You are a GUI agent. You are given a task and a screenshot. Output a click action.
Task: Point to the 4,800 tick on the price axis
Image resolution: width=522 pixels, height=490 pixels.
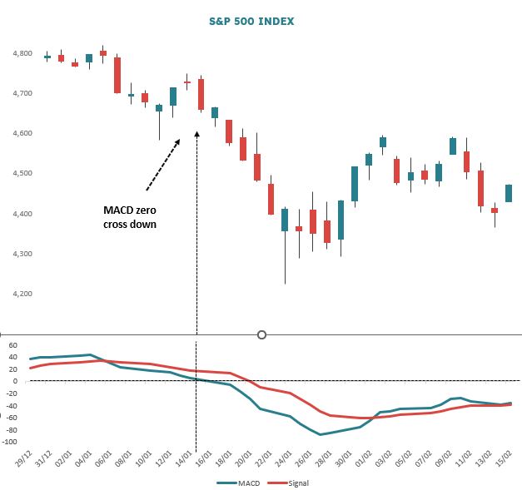(20, 53)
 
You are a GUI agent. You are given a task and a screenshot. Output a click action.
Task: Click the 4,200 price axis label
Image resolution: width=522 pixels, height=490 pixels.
(20, 294)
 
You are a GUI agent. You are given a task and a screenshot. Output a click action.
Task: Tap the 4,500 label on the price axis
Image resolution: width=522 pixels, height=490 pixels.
(20, 174)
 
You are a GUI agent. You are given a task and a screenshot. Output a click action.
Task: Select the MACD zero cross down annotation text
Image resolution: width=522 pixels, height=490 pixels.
(130, 218)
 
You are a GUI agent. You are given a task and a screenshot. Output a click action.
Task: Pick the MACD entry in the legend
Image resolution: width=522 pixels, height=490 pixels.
(241, 482)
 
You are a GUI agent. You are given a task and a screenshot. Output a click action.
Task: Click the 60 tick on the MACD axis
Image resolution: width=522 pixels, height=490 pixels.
(13, 344)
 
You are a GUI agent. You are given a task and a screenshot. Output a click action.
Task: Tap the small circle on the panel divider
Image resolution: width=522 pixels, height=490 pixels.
(262, 334)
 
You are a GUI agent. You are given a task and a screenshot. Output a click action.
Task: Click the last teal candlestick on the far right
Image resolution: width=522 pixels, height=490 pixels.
(509, 193)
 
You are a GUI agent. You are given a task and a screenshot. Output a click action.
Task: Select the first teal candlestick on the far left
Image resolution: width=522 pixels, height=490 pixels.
(47, 57)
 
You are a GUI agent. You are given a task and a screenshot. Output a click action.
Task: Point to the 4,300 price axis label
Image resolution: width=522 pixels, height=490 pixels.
(20, 254)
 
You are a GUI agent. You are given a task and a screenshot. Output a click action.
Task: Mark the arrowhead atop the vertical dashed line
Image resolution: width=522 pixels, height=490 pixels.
(196, 133)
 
